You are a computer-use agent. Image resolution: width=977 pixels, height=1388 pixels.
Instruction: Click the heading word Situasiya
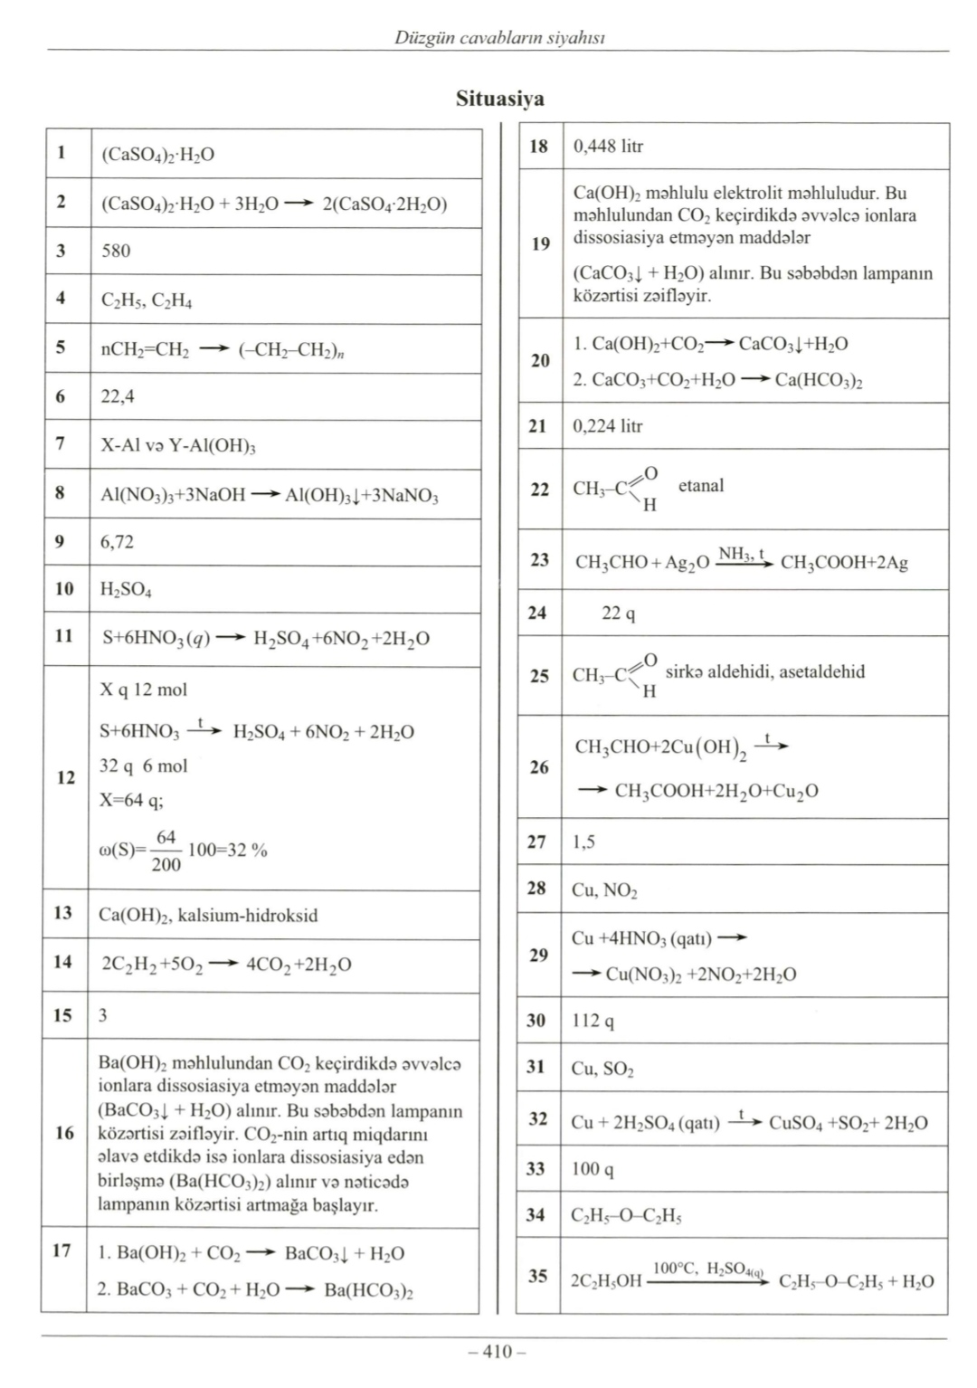click(499, 99)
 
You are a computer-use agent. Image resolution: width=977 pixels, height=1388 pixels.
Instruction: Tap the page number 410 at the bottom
click(497, 1352)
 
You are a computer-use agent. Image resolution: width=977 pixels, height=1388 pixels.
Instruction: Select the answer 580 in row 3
click(116, 251)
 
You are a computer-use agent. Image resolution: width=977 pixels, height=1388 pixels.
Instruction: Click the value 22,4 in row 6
click(118, 396)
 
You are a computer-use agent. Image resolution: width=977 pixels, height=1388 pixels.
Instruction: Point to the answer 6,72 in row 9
click(118, 542)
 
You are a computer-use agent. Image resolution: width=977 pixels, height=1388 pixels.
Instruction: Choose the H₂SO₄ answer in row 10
click(126, 590)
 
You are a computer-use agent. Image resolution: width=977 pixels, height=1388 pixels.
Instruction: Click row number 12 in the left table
click(66, 777)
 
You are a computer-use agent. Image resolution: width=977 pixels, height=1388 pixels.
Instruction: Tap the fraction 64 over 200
click(166, 851)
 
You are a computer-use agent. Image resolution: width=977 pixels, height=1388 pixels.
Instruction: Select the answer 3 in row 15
click(103, 1015)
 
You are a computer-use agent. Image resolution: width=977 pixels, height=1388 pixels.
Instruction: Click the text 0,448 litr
click(608, 147)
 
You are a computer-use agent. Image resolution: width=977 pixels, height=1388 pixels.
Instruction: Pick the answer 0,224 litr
click(608, 426)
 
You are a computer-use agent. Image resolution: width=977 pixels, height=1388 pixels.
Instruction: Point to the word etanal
click(701, 486)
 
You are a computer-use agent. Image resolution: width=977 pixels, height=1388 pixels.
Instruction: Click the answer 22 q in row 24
click(619, 613)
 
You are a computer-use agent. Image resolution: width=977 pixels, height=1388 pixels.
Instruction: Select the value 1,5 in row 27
click(583, 841)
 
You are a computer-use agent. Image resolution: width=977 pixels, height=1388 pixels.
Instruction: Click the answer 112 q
click(593, 1021)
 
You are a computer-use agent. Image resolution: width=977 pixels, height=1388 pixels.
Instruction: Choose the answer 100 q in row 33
click(593, 1169)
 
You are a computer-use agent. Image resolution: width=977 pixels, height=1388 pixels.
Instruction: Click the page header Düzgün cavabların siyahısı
click(499, 37)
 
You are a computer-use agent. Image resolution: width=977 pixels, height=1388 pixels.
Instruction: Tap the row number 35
click(538, 1277)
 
